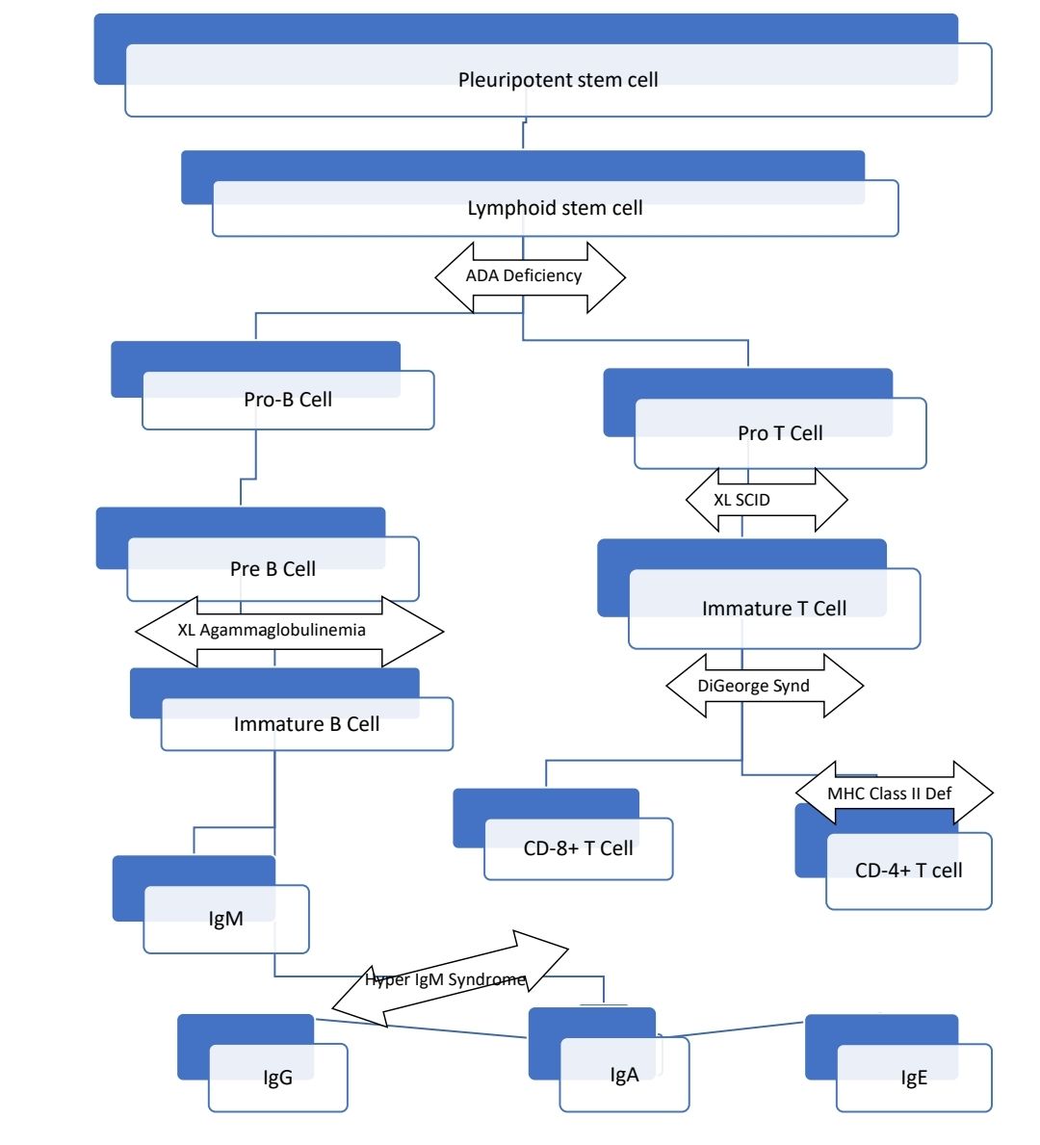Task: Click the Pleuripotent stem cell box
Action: point(558,80)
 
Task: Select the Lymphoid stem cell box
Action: point(555,208)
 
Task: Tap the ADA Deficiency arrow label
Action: point(525,276)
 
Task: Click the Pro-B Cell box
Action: point(287,400)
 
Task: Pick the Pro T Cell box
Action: point(779,433)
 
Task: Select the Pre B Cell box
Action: point(273,569)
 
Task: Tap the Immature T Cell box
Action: point(773,609)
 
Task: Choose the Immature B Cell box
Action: point(306,724)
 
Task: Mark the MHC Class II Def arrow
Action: point(891,794)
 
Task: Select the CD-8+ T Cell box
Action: point(578,848)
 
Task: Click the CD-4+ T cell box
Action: point(908,871)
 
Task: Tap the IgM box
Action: point(225,919)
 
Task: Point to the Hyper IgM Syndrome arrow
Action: point(446,980)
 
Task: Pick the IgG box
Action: point(277,1078)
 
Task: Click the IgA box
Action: point(624,1075)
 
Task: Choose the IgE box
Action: point(913,1078)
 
